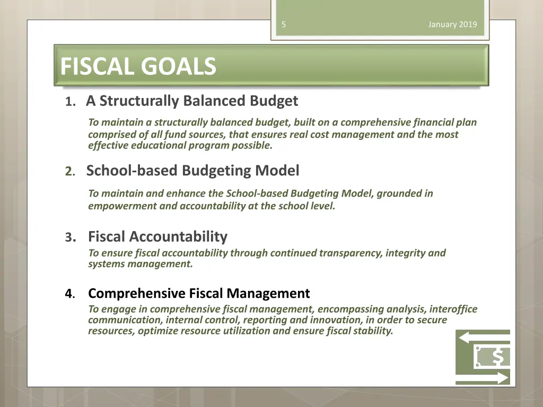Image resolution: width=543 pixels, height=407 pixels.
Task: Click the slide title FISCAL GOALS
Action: pos(138,67)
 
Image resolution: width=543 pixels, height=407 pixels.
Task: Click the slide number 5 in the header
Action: pos(284,24)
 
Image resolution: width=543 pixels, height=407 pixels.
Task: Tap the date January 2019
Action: pos(452,24)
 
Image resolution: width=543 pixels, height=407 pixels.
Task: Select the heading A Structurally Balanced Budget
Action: pos(192,101)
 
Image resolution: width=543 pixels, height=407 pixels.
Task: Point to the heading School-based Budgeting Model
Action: pos(192,171)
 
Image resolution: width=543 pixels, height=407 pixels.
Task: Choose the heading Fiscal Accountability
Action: pos(157,236)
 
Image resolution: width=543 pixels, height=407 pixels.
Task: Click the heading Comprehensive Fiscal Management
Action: pos(199,293)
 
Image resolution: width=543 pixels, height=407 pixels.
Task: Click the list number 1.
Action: pos(69,102)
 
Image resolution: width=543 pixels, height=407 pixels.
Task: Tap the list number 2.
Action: pos(69,172)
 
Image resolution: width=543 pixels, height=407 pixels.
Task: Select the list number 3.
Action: pos(69,237)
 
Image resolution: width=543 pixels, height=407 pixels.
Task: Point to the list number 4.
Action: pos(69,294)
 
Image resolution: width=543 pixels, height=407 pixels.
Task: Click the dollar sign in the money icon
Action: pos(497,357)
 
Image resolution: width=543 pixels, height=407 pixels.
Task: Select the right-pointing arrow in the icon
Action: pos(483,377)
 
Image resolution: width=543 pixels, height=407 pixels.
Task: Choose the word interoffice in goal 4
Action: pos(453,309)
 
